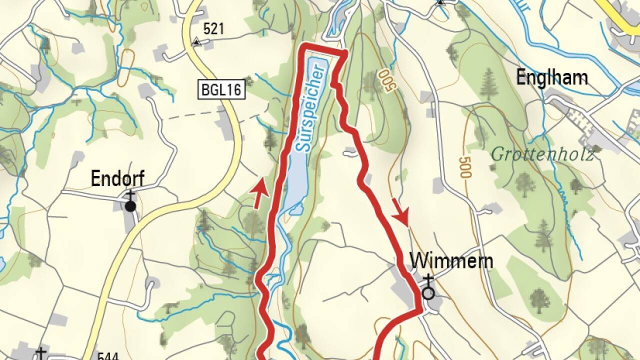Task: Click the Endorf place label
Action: point(117,179)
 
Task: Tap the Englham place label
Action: point(551,78)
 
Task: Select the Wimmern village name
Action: point(451,260)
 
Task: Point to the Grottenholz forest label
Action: point(542,154)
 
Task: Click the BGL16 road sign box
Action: point(221,90)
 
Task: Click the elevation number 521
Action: point(213,29)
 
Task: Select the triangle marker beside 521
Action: point(196,42)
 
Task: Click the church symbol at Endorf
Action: point(130,203)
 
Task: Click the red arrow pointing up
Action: point(258,194)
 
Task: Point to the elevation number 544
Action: point(108,356)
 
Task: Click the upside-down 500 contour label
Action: point(387,80)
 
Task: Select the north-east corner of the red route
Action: point(345,52)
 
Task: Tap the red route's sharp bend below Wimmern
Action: point(420,311)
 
